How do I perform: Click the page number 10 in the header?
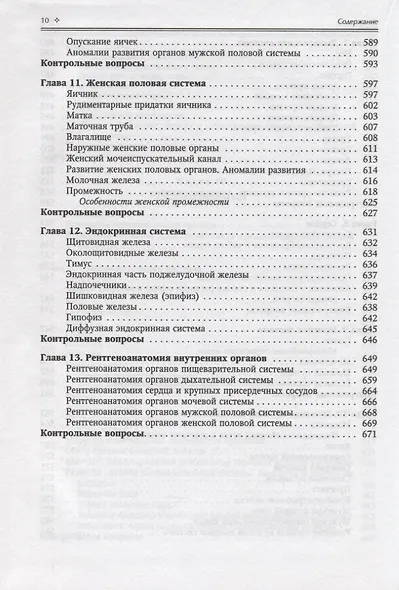click(x=16, y=19)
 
